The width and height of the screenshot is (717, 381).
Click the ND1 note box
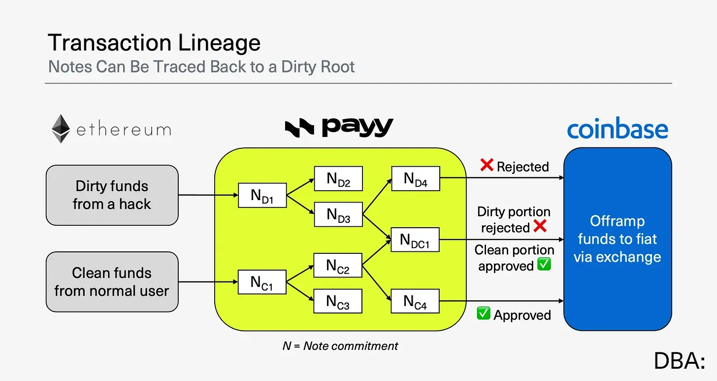[x=262, y=195]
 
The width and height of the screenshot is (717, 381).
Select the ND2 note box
[x=338, y=178]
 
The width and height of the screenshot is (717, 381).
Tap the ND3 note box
[x=338, y=214]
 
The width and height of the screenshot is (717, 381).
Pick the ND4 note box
[x=416, y=178]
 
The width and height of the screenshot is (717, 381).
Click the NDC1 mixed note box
[x=415, y=240]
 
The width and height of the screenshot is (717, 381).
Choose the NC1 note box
[x=262, y=282]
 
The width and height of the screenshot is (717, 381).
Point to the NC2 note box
[x=338, y=265]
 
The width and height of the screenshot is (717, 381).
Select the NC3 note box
[x=338, y=301]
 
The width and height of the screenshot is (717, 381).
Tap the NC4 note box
[x=415, y=301]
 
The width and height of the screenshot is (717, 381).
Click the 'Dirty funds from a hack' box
[x=112, y=195]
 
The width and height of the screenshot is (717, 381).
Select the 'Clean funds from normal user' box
[x=112, y=281]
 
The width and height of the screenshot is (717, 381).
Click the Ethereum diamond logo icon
[x=61, y=129]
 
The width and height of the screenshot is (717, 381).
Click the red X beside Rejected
[x=487, y=165]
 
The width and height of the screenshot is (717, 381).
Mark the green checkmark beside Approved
[x=484, y=313]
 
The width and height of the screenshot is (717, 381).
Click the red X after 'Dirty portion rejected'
[x=540, y=226]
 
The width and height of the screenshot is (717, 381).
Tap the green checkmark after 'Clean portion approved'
[x=544, y=264]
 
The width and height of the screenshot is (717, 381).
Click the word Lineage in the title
[x=219, y=42]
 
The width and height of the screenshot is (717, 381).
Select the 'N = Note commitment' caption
[x=340, y=346]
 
